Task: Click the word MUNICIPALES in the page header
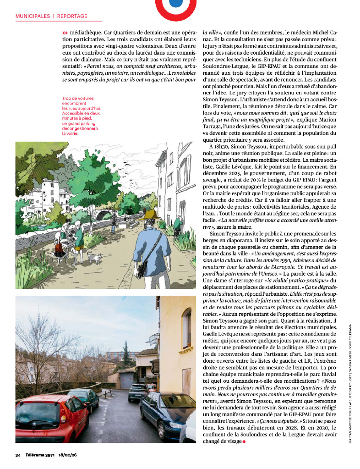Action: [x=33, y=16]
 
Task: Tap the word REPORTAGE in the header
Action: [x=72, y=16]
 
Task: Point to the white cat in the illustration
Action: [x=94, y=258]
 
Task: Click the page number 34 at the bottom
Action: [x=18, y=455]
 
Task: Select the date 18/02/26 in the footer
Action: [x=68, y=455]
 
